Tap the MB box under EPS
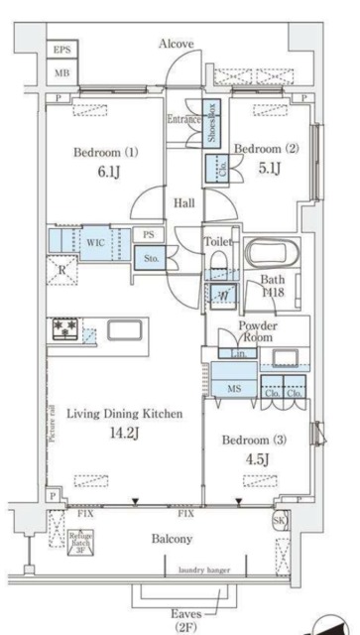click(61, 74)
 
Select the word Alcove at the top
click(176, 44)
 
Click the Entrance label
click(183, 119)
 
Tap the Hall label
click(184, 202)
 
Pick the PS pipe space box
click(148, 235)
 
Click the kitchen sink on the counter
click(125, 330)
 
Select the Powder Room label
click(257, 332)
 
